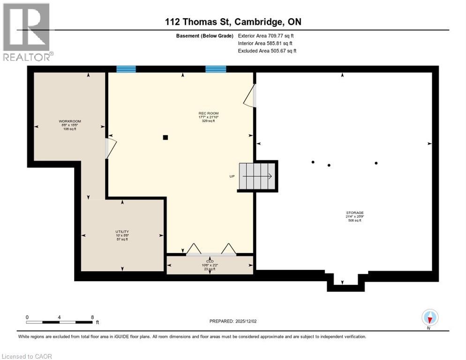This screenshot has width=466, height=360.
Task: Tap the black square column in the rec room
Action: [165, 137]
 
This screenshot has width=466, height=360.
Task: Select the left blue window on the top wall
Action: [126, 69]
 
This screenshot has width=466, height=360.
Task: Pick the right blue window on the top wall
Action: [216, 69]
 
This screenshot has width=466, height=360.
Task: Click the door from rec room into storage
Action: [250, 96]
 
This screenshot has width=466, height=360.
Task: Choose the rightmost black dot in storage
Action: [376, 163]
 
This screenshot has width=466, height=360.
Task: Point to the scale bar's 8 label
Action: [92, 317]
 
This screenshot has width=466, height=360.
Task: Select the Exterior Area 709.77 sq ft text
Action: [266, 36]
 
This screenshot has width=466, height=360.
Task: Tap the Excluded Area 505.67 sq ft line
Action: [267, 51]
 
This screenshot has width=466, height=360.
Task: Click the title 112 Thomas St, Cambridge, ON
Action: [233, 22]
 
